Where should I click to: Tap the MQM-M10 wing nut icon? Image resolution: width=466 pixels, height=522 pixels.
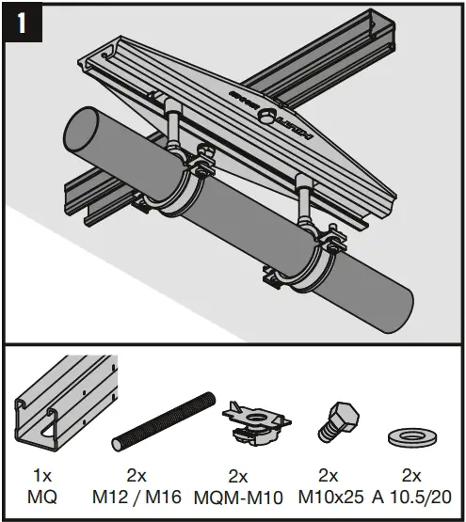pos(246,419)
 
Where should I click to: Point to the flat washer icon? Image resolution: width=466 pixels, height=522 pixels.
pos(410,438)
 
